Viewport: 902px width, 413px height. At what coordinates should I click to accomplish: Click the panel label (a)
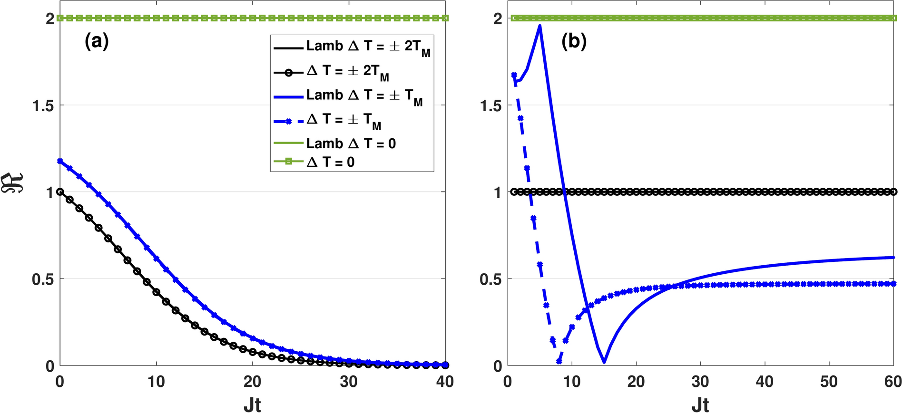coord(97,42)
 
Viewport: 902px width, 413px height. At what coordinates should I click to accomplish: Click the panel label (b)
coord(574,42)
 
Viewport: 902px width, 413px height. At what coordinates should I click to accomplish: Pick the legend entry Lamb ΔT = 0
coord(351,144)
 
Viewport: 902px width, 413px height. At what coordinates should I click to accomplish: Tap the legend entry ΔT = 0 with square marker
coord(330,163)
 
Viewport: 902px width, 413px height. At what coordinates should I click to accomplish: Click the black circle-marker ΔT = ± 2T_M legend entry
coord(347,72)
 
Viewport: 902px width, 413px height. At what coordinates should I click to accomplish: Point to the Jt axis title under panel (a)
coord(252,404)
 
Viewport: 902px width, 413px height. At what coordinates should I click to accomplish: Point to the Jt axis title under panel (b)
coord(700,404)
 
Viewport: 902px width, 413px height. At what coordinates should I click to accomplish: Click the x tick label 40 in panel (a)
coord(445,381)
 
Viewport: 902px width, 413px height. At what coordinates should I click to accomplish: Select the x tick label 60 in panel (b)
coord(892,381)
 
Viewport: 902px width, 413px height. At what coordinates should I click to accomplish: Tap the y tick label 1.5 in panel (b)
coord(491,106)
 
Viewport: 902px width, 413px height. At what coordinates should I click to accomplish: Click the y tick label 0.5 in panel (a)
coord(43,279)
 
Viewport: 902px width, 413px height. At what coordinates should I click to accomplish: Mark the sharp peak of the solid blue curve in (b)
coord(540,26)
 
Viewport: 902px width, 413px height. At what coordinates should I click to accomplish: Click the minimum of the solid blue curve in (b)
coord(604,362)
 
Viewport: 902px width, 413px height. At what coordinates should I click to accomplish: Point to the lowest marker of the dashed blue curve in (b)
coord(559,362)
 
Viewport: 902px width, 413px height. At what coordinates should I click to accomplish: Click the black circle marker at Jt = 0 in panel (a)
coord(60,192)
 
